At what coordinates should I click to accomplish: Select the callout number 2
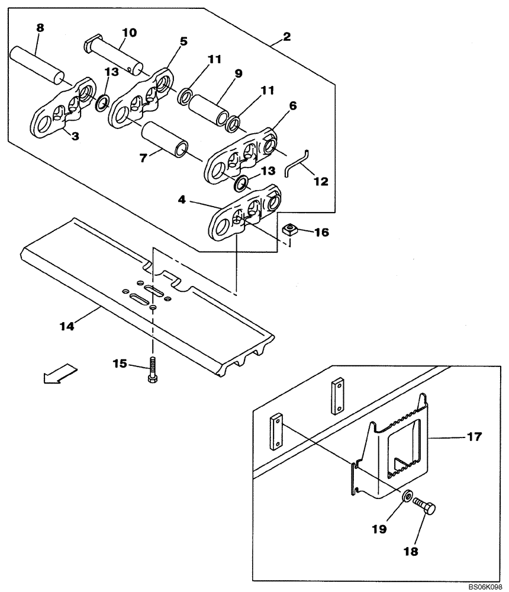pyautogui.click(x=287, y=37)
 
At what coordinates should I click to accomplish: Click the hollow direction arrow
pyautogui.click(x=60, y=374)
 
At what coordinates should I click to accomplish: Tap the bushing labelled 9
pyautogui.click(x=210, y=107)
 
